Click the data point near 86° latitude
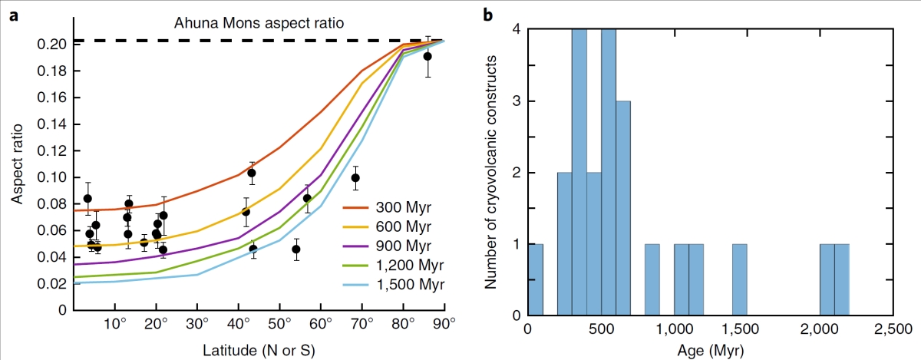coord(427,56)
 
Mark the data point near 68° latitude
coord(355,178)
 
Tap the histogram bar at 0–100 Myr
coord(536,279)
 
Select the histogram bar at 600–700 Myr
coord(623,208)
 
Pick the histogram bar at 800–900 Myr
coord(652,279)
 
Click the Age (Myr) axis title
coord(709,350)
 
